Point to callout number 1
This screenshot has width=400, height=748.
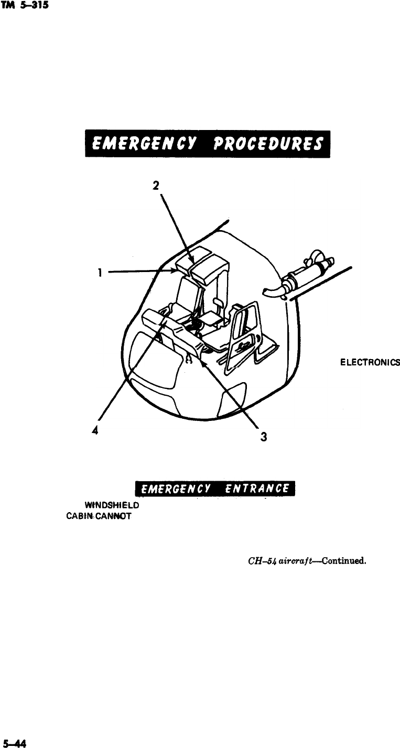(x=98, y=272)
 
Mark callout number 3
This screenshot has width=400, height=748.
(x=264, y=437)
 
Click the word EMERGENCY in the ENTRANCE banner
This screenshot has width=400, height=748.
(x=178, y=490)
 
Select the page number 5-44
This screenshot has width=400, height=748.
(x=15, y=742)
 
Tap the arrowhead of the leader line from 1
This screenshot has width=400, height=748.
(x=177, y=270)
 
